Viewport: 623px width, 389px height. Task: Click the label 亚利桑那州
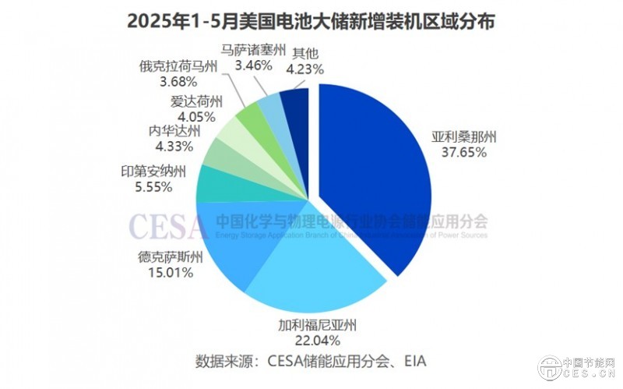click(x=465, y=137)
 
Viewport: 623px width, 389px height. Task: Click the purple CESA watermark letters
click(x=168, y=226)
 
